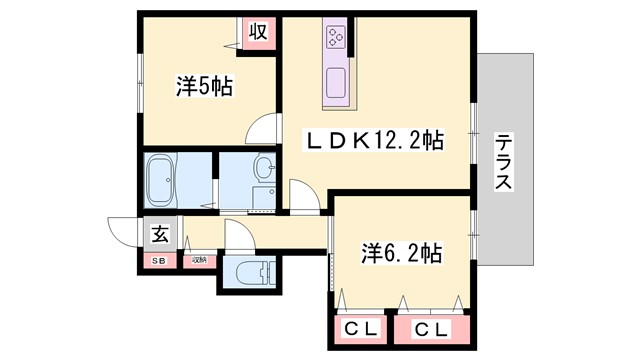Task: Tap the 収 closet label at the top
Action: coord(256,31)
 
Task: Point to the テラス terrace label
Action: coord(504,162)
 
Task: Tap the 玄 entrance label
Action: coord(159,235)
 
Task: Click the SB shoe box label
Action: coord(158,261)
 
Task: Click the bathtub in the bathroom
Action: coord(162,179)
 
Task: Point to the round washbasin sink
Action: coord(264,167)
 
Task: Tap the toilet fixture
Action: coord(247,271)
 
